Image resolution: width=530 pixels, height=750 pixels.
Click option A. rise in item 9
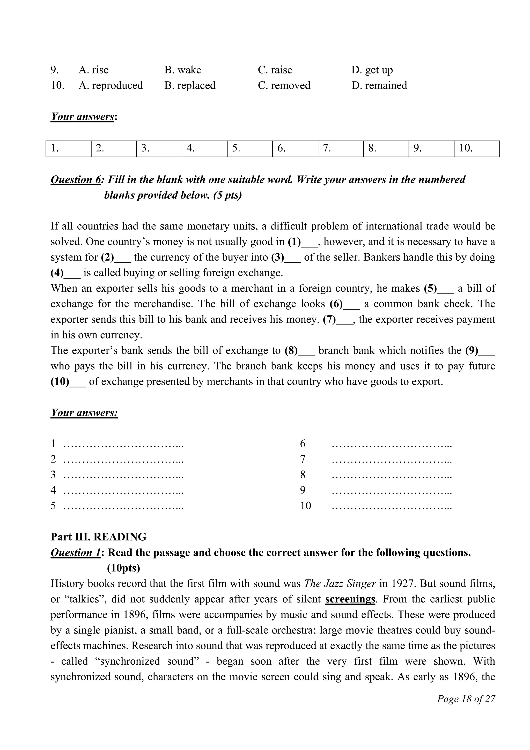[93, 70]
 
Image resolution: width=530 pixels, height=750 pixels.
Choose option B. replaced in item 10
[190, 86]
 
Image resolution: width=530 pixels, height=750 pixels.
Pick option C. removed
[284, 86]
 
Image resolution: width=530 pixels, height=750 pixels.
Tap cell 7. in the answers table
[340, 149]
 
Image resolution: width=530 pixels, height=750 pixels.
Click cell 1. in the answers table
[68, 149]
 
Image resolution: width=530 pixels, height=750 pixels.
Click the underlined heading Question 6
[76, 180]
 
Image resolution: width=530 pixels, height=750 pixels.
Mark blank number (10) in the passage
[68, 381]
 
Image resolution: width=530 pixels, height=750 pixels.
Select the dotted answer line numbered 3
[123, 475]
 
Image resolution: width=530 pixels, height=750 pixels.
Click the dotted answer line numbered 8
[392, 475]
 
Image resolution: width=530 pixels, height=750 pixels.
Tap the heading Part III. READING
[98, 537]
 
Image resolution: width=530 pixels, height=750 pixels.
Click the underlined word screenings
[350, 599]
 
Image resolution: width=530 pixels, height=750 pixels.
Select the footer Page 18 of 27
[466, 699]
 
